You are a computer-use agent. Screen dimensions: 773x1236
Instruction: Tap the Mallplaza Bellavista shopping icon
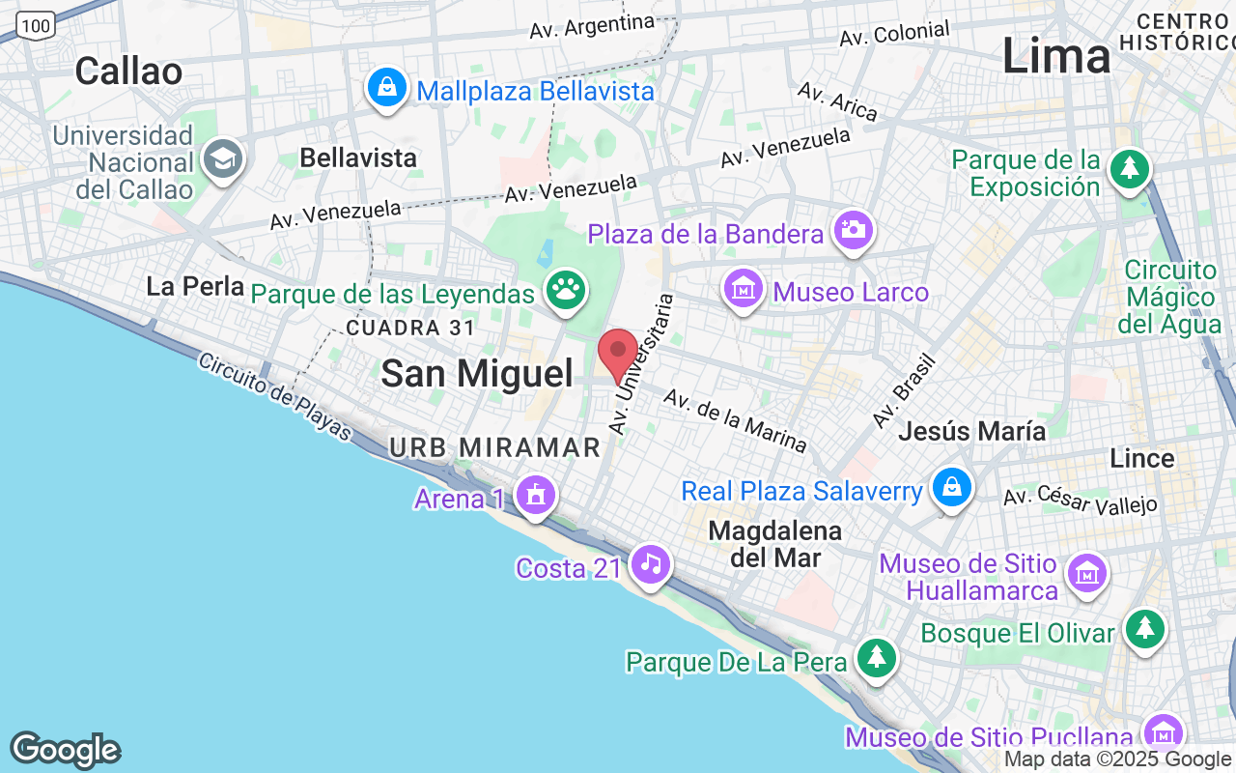point(386,88)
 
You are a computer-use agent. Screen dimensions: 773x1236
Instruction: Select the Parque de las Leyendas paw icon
point(566,288)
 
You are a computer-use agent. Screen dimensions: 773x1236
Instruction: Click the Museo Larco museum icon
point(744,288)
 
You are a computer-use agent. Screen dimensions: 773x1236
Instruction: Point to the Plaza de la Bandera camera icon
point(854,229)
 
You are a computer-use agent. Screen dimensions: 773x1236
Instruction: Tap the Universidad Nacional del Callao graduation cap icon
point(224,160)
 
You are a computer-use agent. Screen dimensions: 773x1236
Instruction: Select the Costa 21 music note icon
point(651,562)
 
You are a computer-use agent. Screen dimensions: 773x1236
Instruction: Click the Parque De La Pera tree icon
point(877,658)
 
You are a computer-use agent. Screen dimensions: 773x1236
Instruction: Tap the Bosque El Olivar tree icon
point(1145,629)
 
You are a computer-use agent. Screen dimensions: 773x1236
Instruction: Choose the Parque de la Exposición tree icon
point(1128,169)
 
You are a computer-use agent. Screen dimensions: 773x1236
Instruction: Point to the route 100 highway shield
point(37,26)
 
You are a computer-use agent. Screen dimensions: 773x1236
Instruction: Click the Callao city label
point(128,71)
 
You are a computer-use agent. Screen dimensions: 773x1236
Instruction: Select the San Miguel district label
point(477,373)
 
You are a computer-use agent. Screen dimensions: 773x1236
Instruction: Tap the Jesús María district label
point(971,431)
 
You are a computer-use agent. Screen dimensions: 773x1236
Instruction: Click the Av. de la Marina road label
point(735,421)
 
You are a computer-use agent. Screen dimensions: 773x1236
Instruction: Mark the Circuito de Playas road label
point(276,396)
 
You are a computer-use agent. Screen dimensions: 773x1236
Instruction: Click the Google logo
point(65,750)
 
